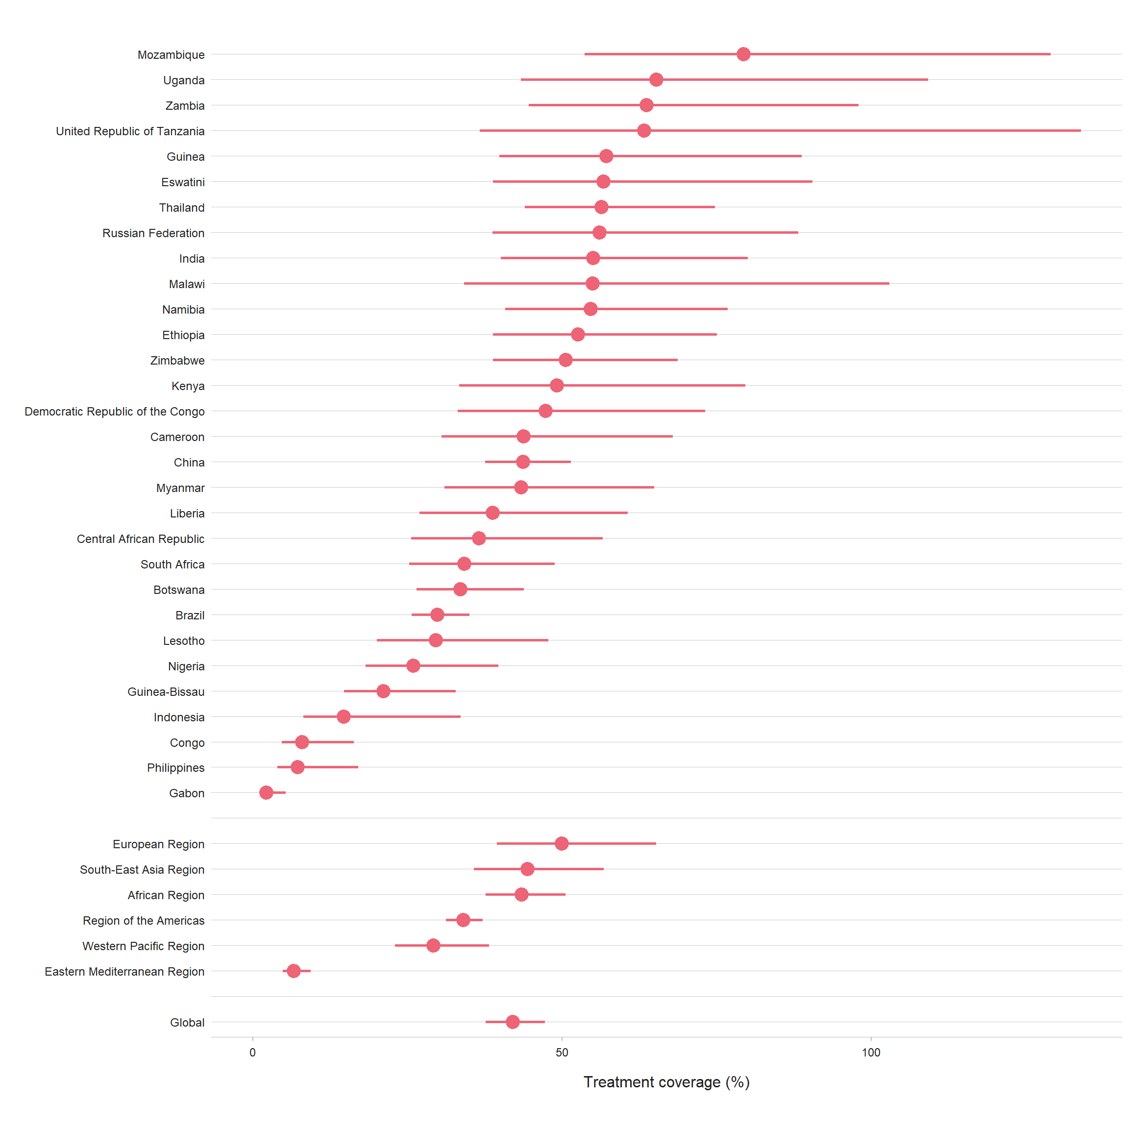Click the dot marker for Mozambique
coord(743,54)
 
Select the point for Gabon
coord(266,792)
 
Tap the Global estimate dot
coord(513,1022)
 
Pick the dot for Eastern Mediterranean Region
coord(294,971)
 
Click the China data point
coord(523,462)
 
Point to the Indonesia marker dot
coord(344,716)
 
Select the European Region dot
coord(562,843)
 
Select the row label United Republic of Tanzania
coord(130,131)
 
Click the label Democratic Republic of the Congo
coord(115,412)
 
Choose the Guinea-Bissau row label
coord(166,692)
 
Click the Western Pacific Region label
coord(143,946)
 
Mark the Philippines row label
coord(175,768)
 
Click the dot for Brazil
coord(437,615)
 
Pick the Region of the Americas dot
coord(463,920)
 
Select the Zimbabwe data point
coord(565,360)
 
